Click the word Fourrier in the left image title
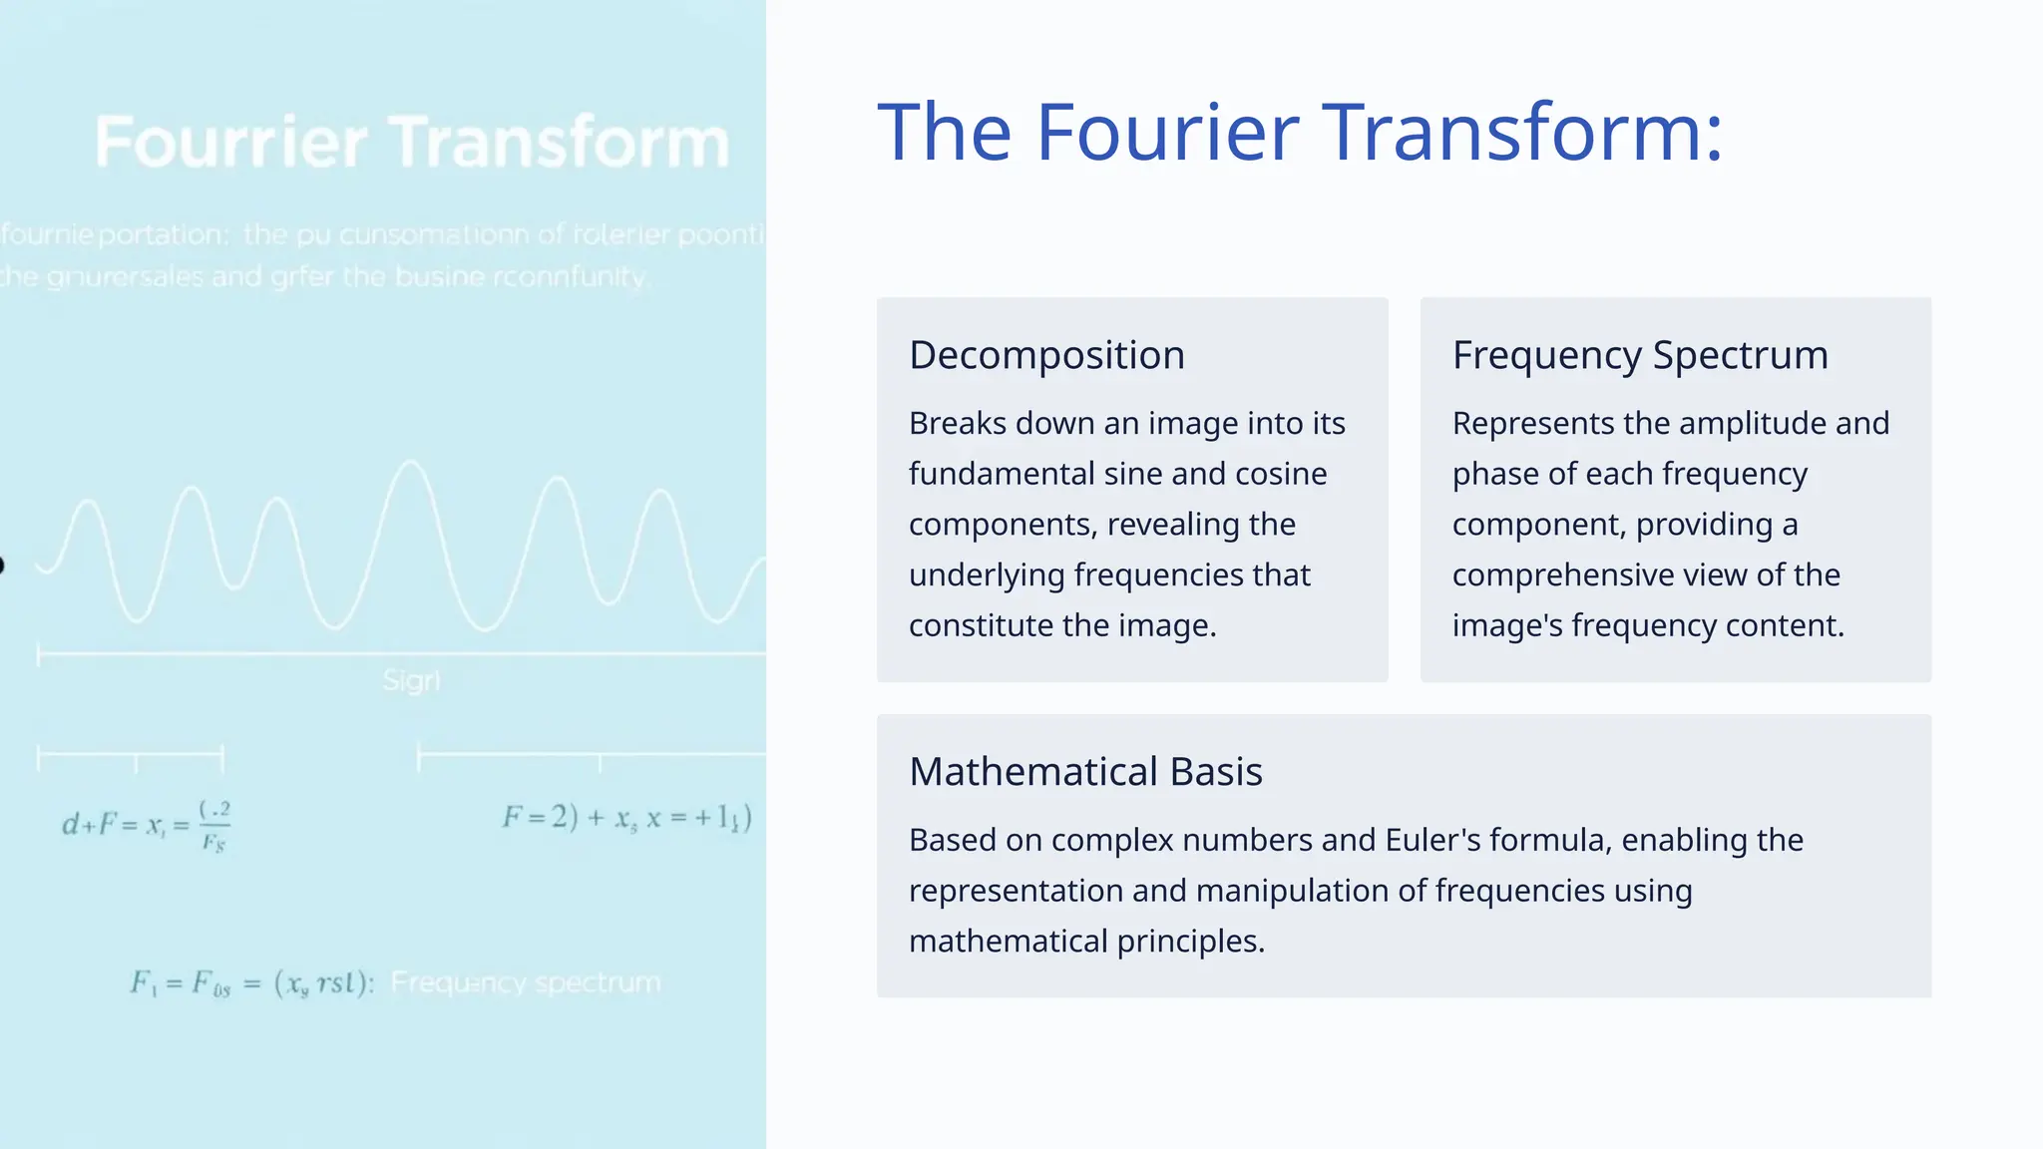231,142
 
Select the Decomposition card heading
1046,355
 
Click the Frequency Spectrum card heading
1640,355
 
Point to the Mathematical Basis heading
1085,772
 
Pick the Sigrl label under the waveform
411,681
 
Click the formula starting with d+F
147,826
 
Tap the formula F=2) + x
626,819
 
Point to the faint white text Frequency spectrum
526,983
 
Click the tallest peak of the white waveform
409,464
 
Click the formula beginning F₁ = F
251,984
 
